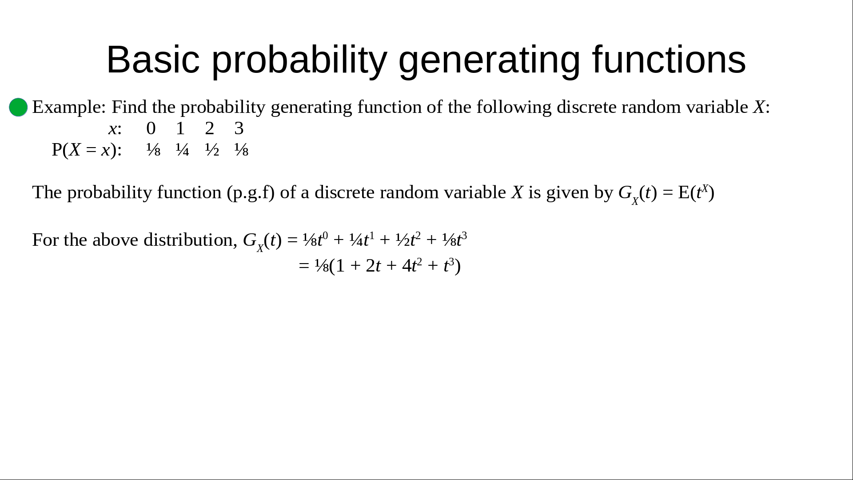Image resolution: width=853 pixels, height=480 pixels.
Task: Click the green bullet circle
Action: [18, 107]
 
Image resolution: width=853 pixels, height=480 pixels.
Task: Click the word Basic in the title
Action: [153, 60]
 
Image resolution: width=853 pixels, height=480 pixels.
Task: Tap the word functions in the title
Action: [669, 60]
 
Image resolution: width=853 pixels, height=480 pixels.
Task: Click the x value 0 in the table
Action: [151, 128]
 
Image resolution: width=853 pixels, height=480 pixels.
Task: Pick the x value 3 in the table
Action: [239, 128]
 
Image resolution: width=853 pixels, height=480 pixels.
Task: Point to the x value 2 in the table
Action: [210, 128]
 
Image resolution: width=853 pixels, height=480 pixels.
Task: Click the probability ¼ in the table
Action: [182, 150]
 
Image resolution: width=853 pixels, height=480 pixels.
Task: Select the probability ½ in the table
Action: [212, 150]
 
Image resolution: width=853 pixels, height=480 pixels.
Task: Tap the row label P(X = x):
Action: [87, 150]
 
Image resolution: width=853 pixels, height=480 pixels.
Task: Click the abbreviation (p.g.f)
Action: [251, 193]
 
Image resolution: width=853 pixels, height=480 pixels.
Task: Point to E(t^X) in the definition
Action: [696, 192]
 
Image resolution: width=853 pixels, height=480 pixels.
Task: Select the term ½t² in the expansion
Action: [408, 240]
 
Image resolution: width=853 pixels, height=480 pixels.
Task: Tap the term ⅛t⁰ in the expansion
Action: [315, 240]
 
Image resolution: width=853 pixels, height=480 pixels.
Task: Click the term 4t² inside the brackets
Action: [412, 266]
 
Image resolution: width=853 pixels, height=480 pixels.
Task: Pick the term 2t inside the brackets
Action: [373, 266]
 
